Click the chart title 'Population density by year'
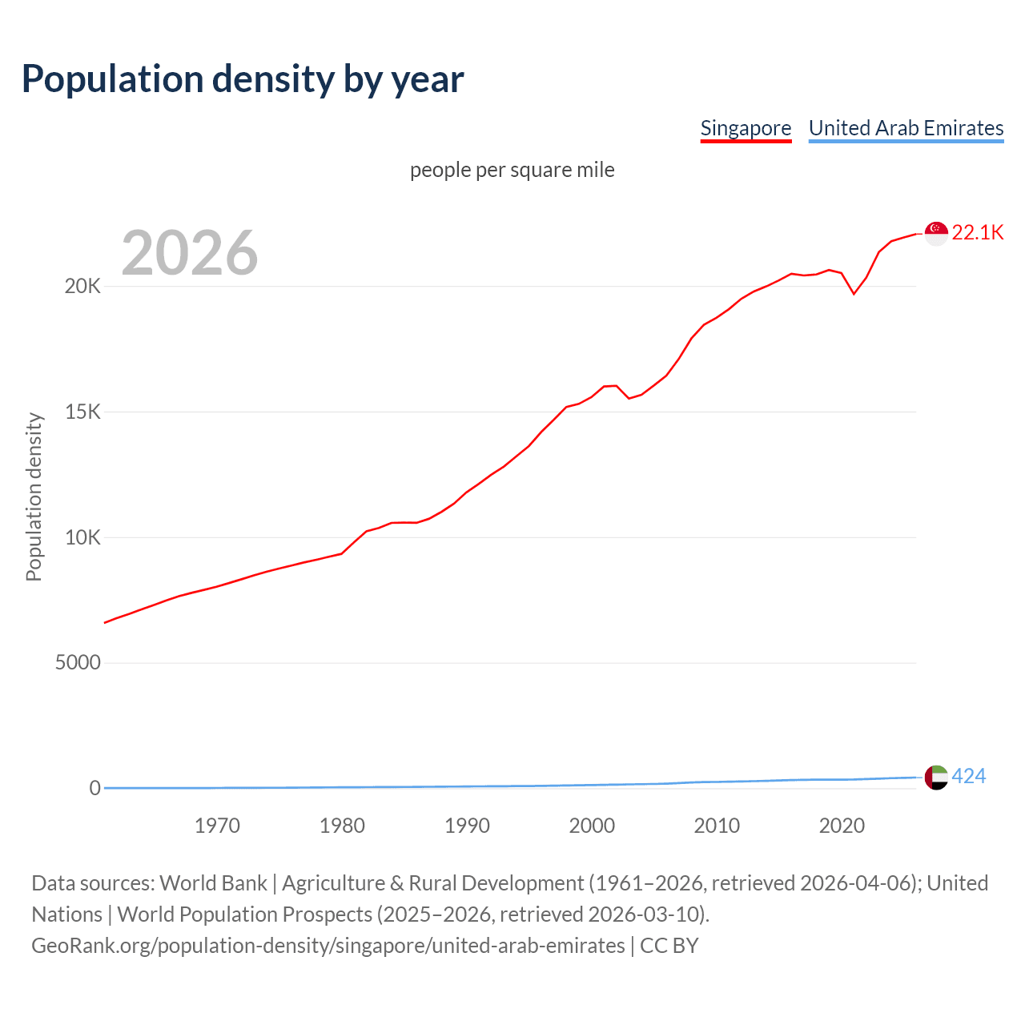point(243,78)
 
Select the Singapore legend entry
point(746,128)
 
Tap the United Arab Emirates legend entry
point(906,128)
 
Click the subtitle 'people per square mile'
point(512,170)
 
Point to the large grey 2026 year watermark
point(190,253)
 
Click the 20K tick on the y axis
point(82,287)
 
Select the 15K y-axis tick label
point(82,412)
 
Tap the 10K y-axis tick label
point(82,537)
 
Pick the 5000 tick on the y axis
point(78,663)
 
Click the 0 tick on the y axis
point(95,788)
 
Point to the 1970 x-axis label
point(217,826)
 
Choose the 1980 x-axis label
point(342,826)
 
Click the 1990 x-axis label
point(467,826)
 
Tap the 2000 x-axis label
point(592,826)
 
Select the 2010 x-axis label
point(717,826)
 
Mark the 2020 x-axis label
point(842,826)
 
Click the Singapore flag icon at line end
point(936,233)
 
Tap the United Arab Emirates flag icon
point(936,777)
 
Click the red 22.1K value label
point(978,233)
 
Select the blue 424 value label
point(969,777)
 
